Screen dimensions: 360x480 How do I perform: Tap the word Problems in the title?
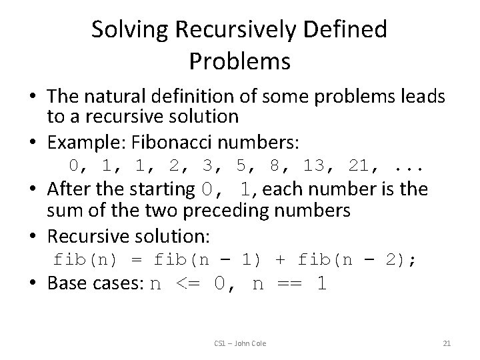click(x=239, y=61)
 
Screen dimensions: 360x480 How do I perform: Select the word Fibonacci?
click(x=176, y=143)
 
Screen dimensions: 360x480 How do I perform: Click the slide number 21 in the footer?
click(x=447, y=343)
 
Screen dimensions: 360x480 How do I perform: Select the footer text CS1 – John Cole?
click(x=240, y=343)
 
